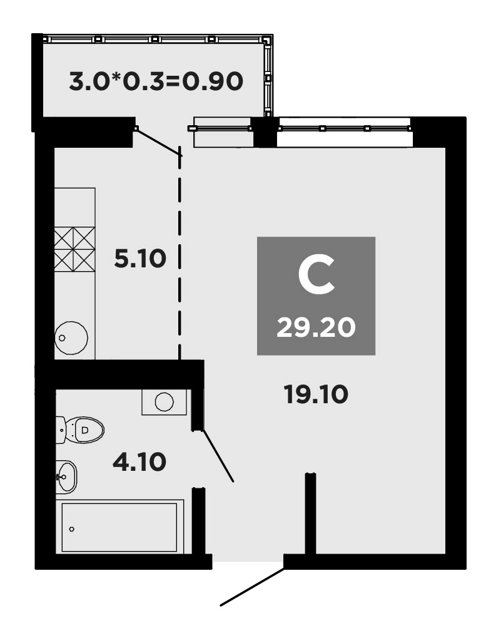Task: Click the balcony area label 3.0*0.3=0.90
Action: click(155, 81)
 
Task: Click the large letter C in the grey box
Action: click(316, 277)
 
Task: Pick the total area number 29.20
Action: click(316, 326)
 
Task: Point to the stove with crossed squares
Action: click(74, 249)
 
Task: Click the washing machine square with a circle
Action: click(164, 401)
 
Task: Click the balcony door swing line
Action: click(158, 142)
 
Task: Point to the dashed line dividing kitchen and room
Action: click(180, 257)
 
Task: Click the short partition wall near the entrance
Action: click(310, 513)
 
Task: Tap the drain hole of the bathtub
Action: click(72, 529)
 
